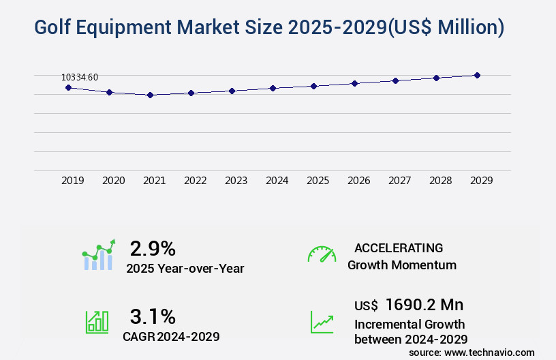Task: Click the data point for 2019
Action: [68, 87]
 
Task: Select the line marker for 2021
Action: [150, 95]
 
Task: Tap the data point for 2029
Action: [477, 75]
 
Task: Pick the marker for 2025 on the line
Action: [313, 86]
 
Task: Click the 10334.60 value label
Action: [80, 77]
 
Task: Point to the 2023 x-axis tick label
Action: [236, 181]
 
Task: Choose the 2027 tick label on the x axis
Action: [399, 181]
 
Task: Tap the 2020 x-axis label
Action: [113, 181]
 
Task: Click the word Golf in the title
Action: [55, 27]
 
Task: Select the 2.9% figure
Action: [153, 247]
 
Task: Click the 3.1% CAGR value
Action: [153, 316]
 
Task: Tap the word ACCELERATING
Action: [399, 247]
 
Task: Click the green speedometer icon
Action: [322, 254]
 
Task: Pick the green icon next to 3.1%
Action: [97, 322]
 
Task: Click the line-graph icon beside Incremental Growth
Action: [322, 322]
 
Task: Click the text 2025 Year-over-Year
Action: [185, 268]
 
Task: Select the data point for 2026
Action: [354, 83]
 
